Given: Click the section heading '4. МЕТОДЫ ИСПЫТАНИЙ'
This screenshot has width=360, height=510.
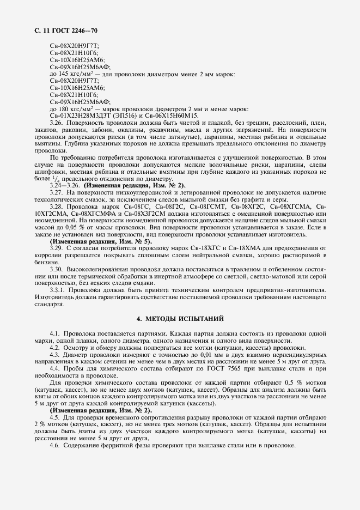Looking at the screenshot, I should coord(180,318).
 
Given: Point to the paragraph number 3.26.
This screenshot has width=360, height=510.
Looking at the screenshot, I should coord(57,123).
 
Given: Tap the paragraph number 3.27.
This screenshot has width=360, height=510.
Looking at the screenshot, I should coord(57,192).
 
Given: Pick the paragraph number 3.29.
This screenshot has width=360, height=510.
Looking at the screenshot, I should coord(57,248).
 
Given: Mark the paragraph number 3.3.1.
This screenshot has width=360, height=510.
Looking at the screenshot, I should coord(58,290).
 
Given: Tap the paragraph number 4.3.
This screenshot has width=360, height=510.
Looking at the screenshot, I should coord(54,354).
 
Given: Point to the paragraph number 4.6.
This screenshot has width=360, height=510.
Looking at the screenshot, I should coord(54,445).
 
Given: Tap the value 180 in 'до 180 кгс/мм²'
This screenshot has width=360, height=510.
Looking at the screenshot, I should coord(64,108).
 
